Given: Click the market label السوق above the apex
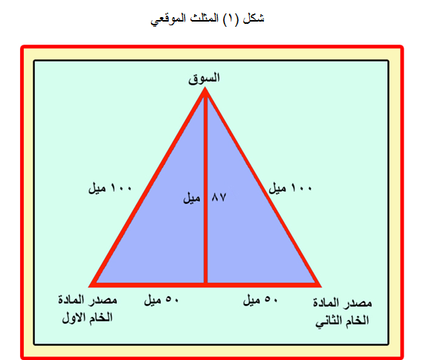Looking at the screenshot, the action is [204, 79].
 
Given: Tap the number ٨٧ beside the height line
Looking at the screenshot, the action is [219, 197].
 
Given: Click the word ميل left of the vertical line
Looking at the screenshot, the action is [192, 198].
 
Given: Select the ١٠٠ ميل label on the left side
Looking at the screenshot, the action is [109, 188].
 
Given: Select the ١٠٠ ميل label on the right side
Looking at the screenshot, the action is [290, 188].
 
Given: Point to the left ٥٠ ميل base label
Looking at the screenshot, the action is [161, 300].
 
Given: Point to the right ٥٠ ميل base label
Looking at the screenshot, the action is [260, 300].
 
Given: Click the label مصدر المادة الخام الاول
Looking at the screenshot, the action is [88, 309].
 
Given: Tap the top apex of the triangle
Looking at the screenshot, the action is [205, 88].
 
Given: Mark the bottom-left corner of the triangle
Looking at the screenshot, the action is [89, 286].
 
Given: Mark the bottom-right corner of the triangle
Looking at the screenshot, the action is [320, 286].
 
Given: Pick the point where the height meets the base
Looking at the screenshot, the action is [205, 285].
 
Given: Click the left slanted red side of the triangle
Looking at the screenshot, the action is [147, 187].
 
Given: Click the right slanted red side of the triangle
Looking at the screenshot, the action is [262, 187].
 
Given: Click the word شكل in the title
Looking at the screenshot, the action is [254, 19].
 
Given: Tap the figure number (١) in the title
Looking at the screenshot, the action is [230, 19].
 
